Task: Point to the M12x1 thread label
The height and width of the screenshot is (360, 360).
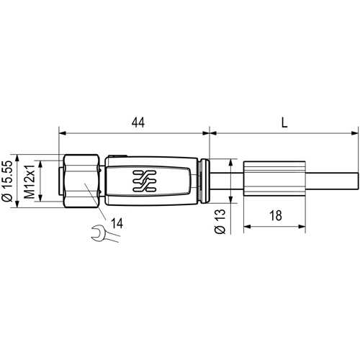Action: click(x=30, y=181)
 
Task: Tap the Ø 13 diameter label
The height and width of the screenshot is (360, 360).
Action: click(x=222, y=220)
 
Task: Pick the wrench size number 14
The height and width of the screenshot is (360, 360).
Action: click(x=117, y=224)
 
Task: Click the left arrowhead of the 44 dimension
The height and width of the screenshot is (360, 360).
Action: click(x=61, y=132)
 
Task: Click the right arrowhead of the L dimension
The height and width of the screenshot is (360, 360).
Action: click(x=355, y=132)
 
